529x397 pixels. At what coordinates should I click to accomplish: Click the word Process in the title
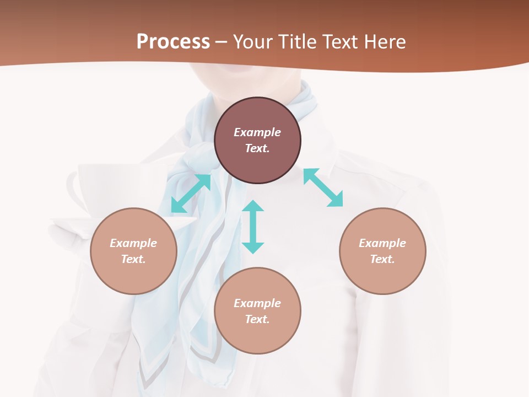coord(173,41)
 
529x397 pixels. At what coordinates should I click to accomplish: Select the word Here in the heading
coord(384,41)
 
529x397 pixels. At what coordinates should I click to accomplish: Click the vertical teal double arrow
coord(253,227)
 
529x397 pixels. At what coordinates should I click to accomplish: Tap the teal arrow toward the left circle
coord(191,193)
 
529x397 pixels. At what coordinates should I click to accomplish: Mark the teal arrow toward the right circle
coord(323,187)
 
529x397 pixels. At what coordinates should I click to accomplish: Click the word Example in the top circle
coord(257,132)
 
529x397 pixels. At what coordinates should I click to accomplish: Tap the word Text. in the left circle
coord(133,259)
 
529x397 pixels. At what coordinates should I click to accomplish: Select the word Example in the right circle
coord(382,243)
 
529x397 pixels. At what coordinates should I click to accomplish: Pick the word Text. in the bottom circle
coord(257,319)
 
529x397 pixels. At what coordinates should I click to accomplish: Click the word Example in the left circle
coord(133,243)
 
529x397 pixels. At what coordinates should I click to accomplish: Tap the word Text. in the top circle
coord(257,148)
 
